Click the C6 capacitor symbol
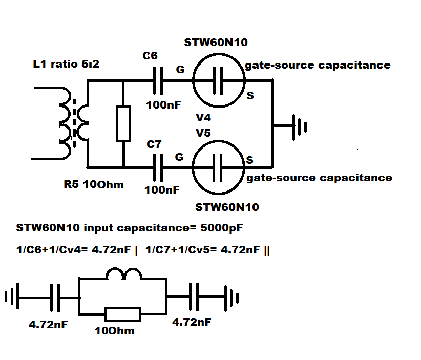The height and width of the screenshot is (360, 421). (158, 80)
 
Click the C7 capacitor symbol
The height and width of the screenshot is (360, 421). (158, 167)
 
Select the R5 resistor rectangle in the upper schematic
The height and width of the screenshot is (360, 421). (123, 123)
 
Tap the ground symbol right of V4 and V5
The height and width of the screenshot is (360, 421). (300, 127)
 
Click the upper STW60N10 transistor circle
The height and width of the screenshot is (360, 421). (219, 54)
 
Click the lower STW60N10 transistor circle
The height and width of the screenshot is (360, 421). (219, 141)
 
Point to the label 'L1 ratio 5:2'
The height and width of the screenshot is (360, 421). (66, 64)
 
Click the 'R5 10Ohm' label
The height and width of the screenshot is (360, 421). (94, 185)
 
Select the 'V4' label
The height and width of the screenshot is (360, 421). (203, 118)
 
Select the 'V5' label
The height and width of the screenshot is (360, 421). (203, 133)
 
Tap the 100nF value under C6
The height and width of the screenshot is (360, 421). (163, 104)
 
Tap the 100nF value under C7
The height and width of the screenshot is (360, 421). (162, 190)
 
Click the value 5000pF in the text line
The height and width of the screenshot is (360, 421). (221, 228)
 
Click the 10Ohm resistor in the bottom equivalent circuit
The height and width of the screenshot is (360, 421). (123, 314)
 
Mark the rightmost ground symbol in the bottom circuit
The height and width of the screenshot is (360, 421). (231, 298)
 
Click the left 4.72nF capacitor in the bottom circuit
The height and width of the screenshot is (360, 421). (55, 298)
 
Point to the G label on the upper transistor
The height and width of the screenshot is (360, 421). (180, 70)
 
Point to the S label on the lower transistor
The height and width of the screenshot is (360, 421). (250, 160)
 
